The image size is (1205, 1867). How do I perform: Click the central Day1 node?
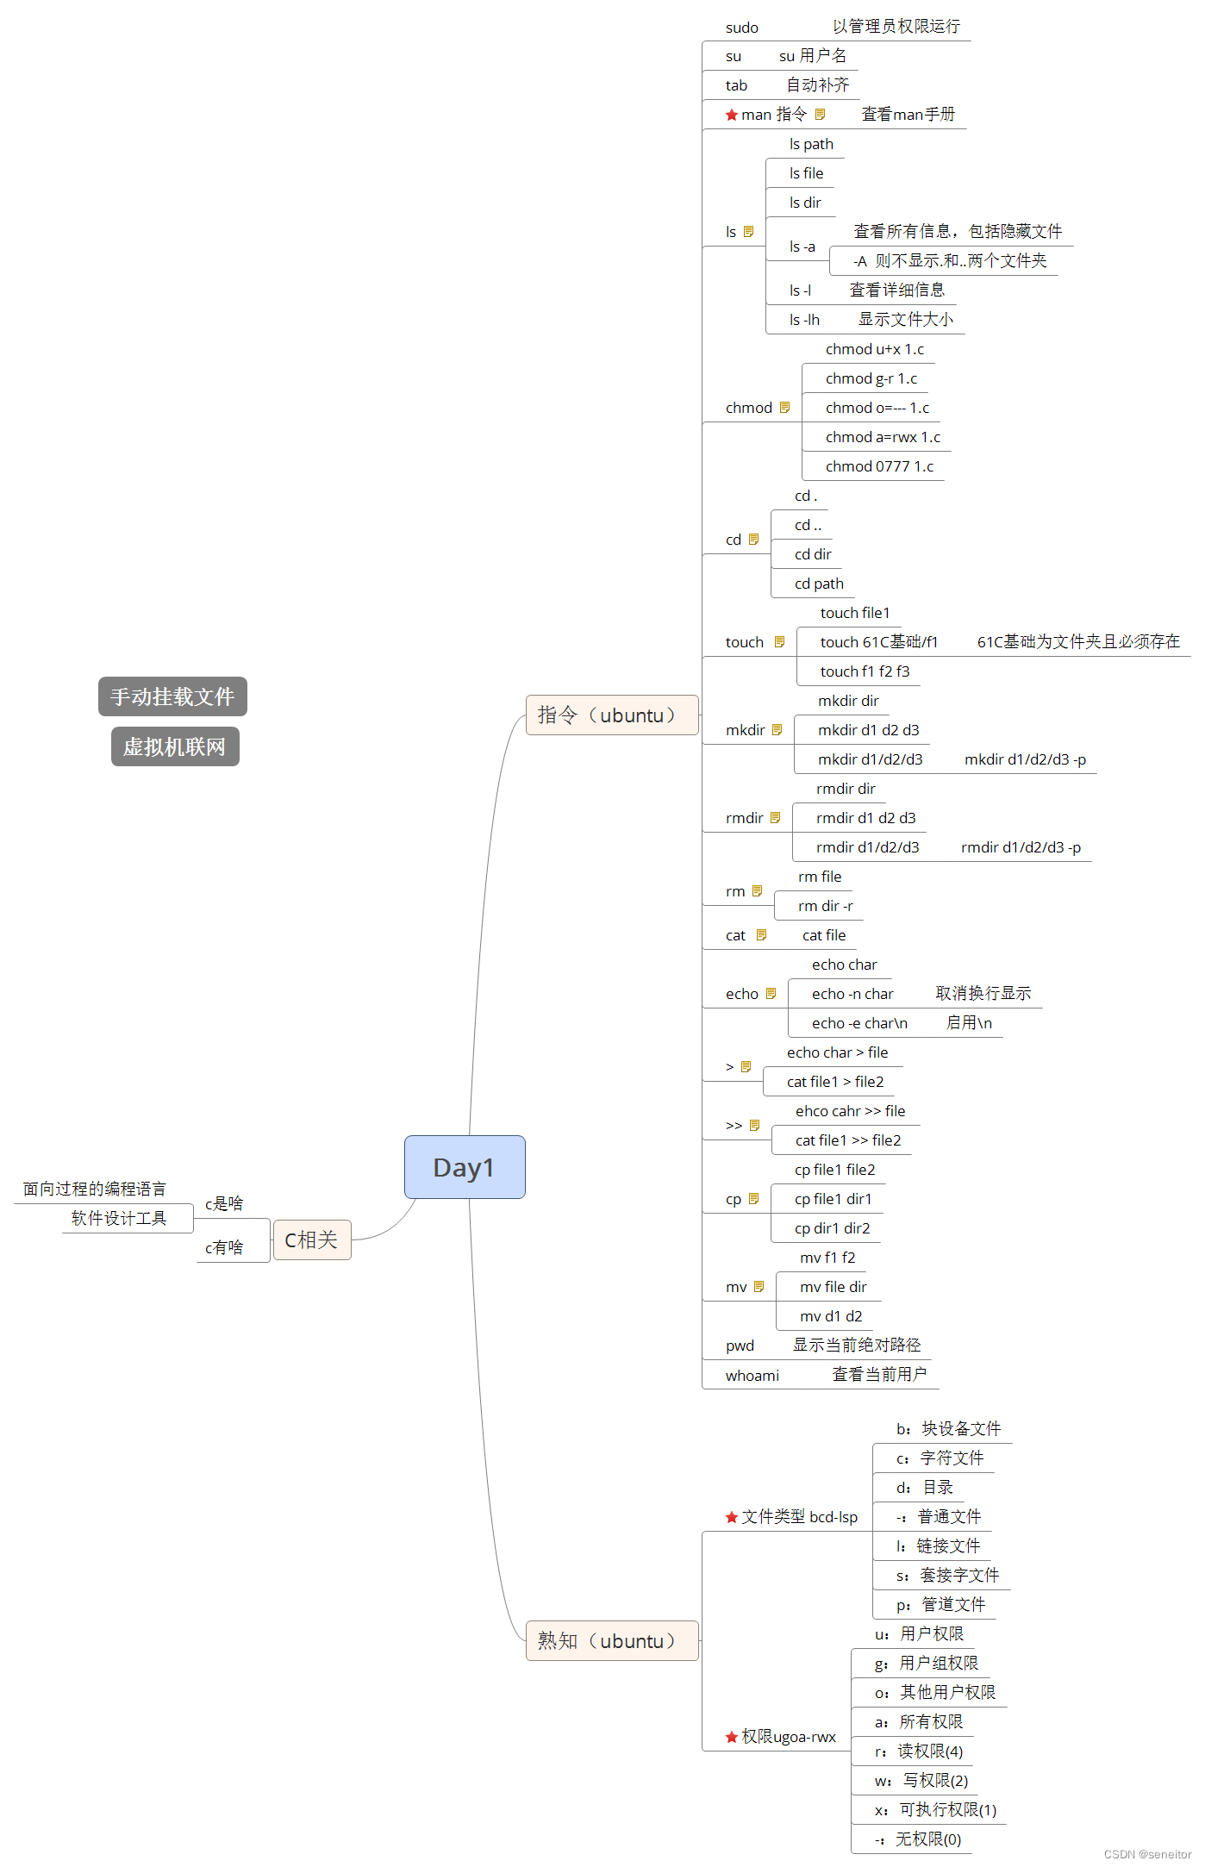click(465, 1167)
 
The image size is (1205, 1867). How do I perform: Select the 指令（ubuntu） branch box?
click(611, 715)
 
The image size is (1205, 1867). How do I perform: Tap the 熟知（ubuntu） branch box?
click(611, 1640)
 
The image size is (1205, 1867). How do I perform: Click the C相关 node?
click(311, 1239)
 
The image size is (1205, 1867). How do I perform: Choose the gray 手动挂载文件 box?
click(172, 696)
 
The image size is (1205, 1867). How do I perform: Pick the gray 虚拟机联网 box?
click(175, 746)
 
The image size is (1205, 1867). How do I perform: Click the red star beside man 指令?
click(732, 115)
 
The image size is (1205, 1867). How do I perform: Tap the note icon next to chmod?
click(784, 408)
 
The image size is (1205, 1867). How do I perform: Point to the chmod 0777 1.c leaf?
click(879, 466)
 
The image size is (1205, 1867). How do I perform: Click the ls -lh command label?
click(804, 320)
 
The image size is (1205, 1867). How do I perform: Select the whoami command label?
click(752, 1376)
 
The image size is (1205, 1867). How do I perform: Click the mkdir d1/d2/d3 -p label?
click(1025, 759)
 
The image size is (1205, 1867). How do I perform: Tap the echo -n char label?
click(852, 994)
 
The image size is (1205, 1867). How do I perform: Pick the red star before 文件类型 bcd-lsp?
click(732, 1517)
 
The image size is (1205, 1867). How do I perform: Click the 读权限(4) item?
click(930, 1751)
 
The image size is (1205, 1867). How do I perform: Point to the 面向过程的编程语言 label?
click(95, 1189)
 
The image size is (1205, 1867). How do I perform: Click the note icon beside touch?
click(779, 642)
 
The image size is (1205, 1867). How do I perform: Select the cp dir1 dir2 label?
click(832, 1228)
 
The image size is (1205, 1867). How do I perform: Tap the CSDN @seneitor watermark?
click(1147, 1854)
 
